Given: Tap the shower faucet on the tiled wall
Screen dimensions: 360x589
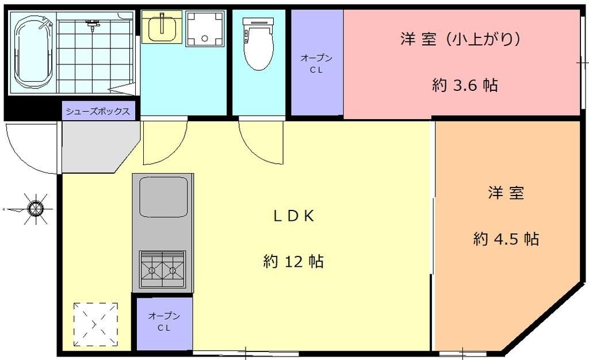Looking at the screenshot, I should click(93, 24).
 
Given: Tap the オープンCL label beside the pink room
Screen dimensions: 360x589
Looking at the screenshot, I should click(316, 63).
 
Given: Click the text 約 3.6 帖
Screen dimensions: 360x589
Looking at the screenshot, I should click(465, 86).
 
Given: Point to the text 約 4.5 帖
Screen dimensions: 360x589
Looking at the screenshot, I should click(506, 239).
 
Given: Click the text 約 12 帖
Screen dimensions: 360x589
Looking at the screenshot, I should click(293, 262).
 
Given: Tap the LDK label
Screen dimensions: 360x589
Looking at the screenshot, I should click(293, 216).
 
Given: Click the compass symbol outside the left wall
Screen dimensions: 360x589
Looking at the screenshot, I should click(36, 207).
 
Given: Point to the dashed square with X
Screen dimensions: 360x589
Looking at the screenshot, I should click(95, 324).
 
